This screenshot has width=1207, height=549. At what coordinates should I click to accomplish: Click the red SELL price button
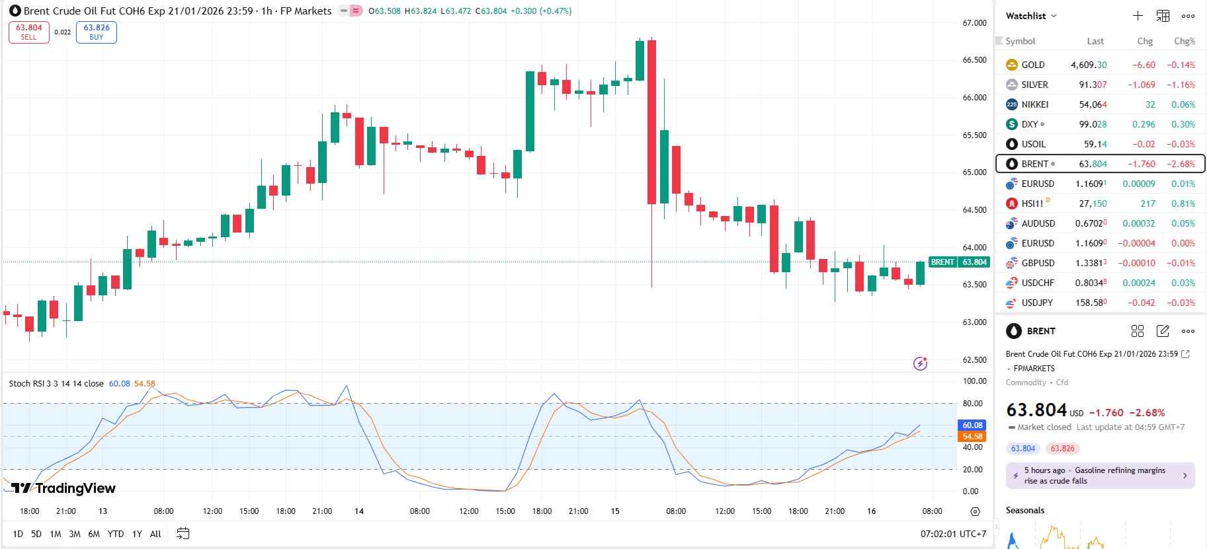coord(29,32)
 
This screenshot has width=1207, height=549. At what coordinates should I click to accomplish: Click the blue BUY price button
coord(97,32)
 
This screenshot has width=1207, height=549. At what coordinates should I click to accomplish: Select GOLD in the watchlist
coord(1032,65)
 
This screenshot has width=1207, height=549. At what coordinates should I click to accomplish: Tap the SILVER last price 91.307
coord(1092,85)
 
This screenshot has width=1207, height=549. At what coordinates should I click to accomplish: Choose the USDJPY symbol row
coord(1036,303)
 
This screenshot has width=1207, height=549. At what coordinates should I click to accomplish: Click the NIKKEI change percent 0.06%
coord(1183,104)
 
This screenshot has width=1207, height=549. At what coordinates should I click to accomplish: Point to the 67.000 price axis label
coord(974,23)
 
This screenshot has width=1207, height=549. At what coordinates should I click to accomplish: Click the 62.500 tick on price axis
coord(974,360)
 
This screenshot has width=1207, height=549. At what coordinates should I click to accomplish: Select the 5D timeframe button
coord(36,534)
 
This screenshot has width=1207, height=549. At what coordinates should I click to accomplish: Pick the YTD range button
coord(116,534)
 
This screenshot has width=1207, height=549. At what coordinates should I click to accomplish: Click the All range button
coord(155,534)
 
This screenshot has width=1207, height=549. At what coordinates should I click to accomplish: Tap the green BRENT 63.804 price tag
coord(959,262)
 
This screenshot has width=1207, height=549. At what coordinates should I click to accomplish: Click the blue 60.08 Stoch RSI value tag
coord(972,425)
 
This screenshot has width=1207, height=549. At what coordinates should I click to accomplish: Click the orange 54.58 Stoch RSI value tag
coord(972,437)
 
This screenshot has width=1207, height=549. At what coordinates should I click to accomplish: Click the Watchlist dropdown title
coord(1030,16)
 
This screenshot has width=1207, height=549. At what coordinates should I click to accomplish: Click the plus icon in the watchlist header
coord(1138,16)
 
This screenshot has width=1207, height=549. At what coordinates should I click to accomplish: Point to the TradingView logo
coord(63,488)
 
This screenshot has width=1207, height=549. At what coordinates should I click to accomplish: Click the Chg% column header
coord(1184,41)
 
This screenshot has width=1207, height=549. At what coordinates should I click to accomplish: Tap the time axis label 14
coord(359,511)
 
